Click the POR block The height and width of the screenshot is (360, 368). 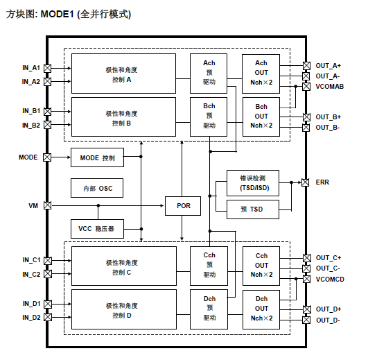coord(183,206)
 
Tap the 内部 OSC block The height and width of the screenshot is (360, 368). coord(97,189)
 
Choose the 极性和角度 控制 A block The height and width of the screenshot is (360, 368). coord(123,74)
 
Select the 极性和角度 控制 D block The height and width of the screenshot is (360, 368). coord(123,310)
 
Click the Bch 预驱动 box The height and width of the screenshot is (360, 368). coord(209,115)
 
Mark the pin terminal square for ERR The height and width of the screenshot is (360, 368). coord(306,182)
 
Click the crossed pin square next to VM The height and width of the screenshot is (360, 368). coord(47,206)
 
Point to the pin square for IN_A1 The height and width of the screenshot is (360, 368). coord(47,68)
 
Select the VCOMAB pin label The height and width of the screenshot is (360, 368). coord(330,87)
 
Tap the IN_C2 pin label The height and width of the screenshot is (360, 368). coord(31,274)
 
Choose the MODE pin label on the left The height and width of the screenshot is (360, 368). coord(28,157)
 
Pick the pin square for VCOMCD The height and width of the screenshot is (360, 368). coord(306,279)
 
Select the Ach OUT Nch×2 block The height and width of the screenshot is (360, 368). coord(261,73)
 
